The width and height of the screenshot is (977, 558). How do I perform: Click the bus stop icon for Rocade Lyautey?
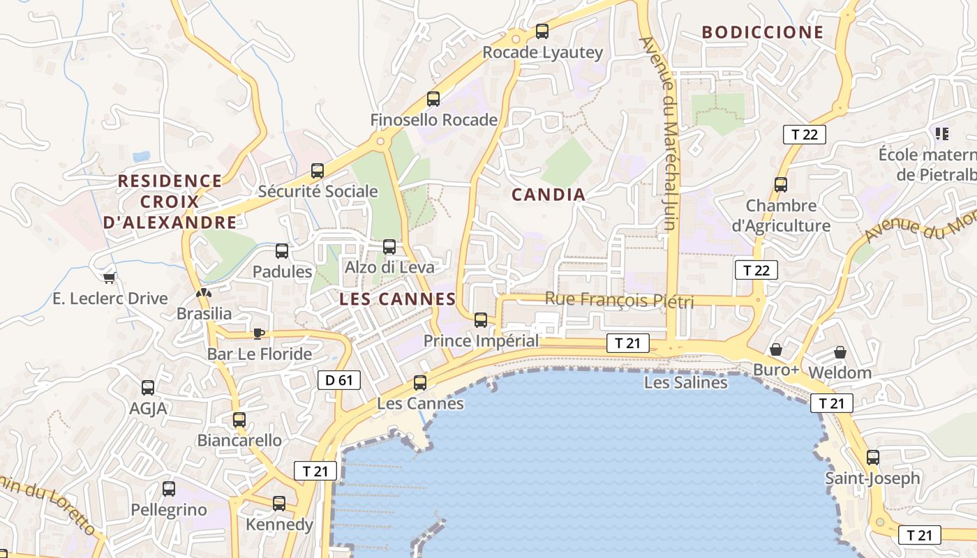point(542,31)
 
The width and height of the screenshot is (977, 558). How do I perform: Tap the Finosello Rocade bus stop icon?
point(433,99)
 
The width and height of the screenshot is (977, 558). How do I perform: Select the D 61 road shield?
point(339,380)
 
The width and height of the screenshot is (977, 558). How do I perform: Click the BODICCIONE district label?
point(763,32)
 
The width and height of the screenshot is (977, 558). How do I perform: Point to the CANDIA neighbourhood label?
point(549,195)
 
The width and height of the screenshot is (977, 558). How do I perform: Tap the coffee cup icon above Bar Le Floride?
point(259,333)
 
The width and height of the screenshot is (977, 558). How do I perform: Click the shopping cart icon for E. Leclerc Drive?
point(109,278)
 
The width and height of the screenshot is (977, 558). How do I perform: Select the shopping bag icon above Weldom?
point(840,352)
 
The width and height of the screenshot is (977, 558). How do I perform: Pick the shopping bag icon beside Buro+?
point(775,349)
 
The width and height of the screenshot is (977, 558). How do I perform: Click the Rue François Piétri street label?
point(619,300)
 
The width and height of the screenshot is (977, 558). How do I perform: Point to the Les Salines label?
point(685,382)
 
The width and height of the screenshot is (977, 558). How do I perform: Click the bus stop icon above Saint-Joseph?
point(872,458)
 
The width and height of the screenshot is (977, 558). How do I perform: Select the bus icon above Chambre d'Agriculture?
point(781,185)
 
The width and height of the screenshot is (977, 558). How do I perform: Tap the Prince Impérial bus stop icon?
point(481,320)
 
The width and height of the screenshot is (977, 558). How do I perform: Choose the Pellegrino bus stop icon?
point(169,489)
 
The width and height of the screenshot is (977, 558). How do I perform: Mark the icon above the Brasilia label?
point(204,294)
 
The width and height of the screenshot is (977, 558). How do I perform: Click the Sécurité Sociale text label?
point(318,191)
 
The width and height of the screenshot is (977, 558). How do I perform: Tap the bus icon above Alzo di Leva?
point(389,247)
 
